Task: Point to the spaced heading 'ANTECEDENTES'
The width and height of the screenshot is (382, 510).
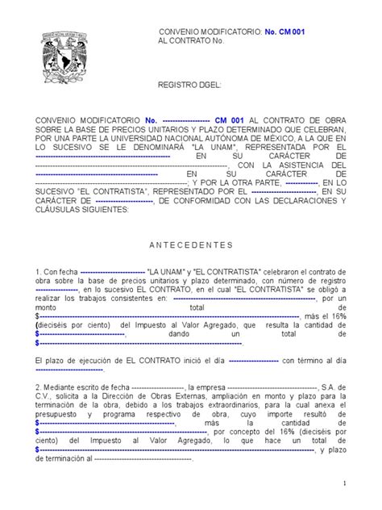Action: click(191, 244)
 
